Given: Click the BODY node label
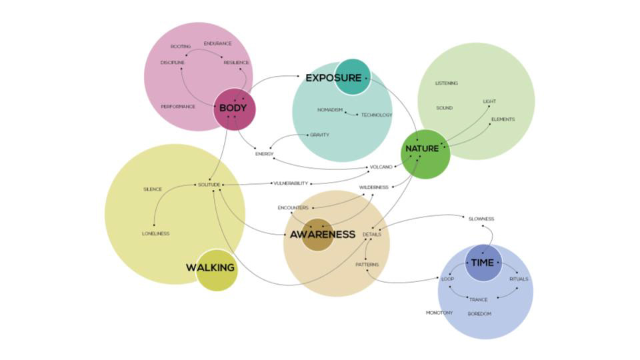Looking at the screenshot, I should tap(233, 108).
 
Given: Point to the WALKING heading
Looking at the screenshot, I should tap(210, 268).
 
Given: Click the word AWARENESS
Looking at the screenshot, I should tap(322, 235).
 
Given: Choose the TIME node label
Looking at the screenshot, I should tap(482, 263).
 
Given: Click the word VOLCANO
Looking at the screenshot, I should tap(381, 167).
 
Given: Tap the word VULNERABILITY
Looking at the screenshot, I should tap(291, 183).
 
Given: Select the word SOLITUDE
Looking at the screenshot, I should tap(209, 184).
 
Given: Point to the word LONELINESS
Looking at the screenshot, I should tap(155, 233).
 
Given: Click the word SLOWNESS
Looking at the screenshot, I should tap(481, 219).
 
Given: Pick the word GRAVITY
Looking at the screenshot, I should tap(319, 135).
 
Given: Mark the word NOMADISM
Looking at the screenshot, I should tap(330, 110).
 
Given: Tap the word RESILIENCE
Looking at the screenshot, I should tap(236, 63).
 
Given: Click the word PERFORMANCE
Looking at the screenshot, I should tap(178, 107).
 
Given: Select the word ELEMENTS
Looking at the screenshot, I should tap(503, 119).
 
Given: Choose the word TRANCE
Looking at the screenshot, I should tap(478, 299).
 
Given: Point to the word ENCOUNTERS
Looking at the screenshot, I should tap(293, 208).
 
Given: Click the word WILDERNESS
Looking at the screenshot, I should tap(373, 187).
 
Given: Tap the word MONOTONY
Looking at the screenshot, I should tap(439, 313).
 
